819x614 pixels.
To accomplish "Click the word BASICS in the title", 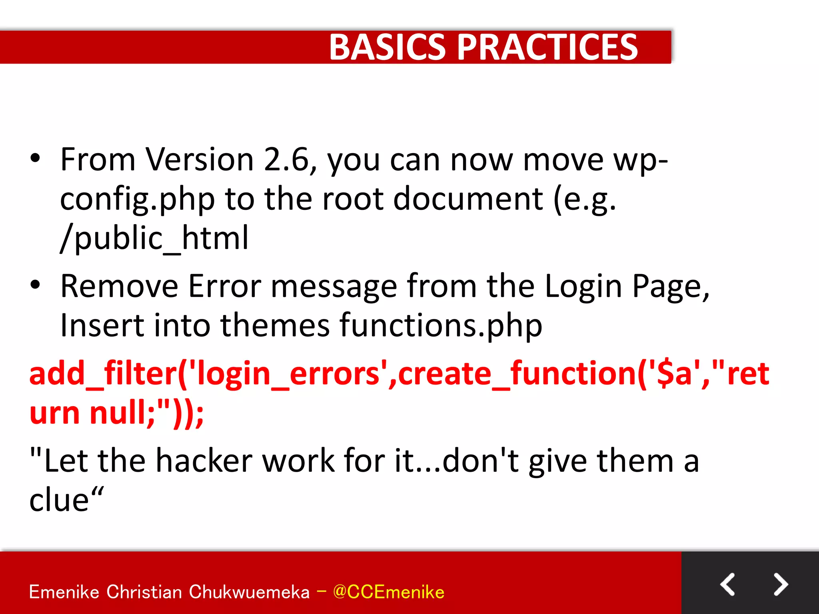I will pos(387,47).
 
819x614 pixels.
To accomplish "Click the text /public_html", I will pos(154,239).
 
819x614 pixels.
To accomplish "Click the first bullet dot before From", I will pos(35,158).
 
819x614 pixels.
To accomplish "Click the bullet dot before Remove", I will pos(35,285).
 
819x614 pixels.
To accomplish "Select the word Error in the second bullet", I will pos(224,286).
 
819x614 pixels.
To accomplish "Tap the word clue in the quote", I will pos(59,500).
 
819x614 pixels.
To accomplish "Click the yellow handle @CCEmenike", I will pos(388,592).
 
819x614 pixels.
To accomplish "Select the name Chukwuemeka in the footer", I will pos(249,592).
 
